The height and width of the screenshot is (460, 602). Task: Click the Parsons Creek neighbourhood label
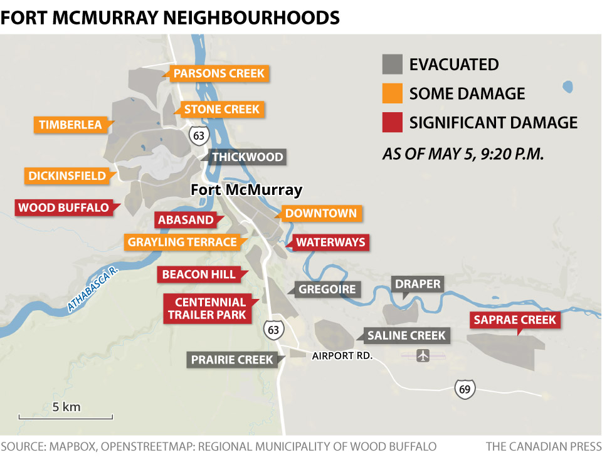click(x=219, y=73)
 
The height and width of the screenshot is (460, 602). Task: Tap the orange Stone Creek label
click(x=221, y=110)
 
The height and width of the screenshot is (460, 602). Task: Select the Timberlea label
click(x=70, y=125)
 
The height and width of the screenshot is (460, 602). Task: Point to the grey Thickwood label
click(x=247, y=157)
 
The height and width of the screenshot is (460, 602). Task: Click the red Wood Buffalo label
click(x=63, y=207)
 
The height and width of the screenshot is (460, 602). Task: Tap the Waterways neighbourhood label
click(x=330, y=243)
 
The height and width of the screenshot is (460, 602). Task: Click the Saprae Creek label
click(x=515, y=320)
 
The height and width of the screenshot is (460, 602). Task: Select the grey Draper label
click(x=418, y=284)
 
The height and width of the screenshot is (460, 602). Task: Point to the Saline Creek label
click(x=406, y=336)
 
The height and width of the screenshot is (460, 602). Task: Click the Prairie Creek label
click(x=233, y=360)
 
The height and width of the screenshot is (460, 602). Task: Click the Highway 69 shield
click(x=465, y=389)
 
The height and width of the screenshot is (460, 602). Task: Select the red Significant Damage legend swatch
click(x=392, y=122)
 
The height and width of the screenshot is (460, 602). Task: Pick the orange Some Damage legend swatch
click(x=392, y=93)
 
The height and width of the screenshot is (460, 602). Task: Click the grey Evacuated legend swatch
click(x=392, y=65)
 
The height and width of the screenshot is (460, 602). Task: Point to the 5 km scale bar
click(x=66, y=416)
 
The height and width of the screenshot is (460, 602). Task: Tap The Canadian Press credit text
click(x=542, y=446)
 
